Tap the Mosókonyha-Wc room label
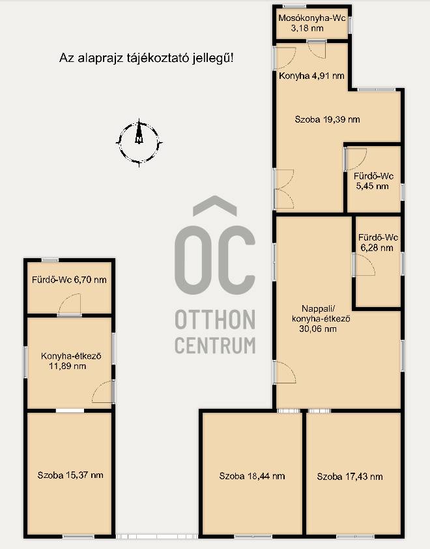click(311, 23)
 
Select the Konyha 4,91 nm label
click(311, 76)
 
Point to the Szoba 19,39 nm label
click(327, 119)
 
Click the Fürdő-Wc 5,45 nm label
click(373, 181)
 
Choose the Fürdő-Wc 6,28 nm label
click(378, 243)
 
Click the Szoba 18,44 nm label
click(252, 476)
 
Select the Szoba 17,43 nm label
click(349, 477)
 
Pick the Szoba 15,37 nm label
click(70, 475)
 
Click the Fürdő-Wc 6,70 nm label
click(69, 280)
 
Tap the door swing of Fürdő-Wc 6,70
click(70, 304)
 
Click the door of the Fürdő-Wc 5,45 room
click(356, 159)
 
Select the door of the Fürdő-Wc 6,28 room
click(364, 265)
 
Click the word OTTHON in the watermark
click(215, 319)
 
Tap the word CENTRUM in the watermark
click(215, 345)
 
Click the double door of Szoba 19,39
click(284, 189)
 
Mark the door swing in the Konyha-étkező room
click(103, 392)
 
